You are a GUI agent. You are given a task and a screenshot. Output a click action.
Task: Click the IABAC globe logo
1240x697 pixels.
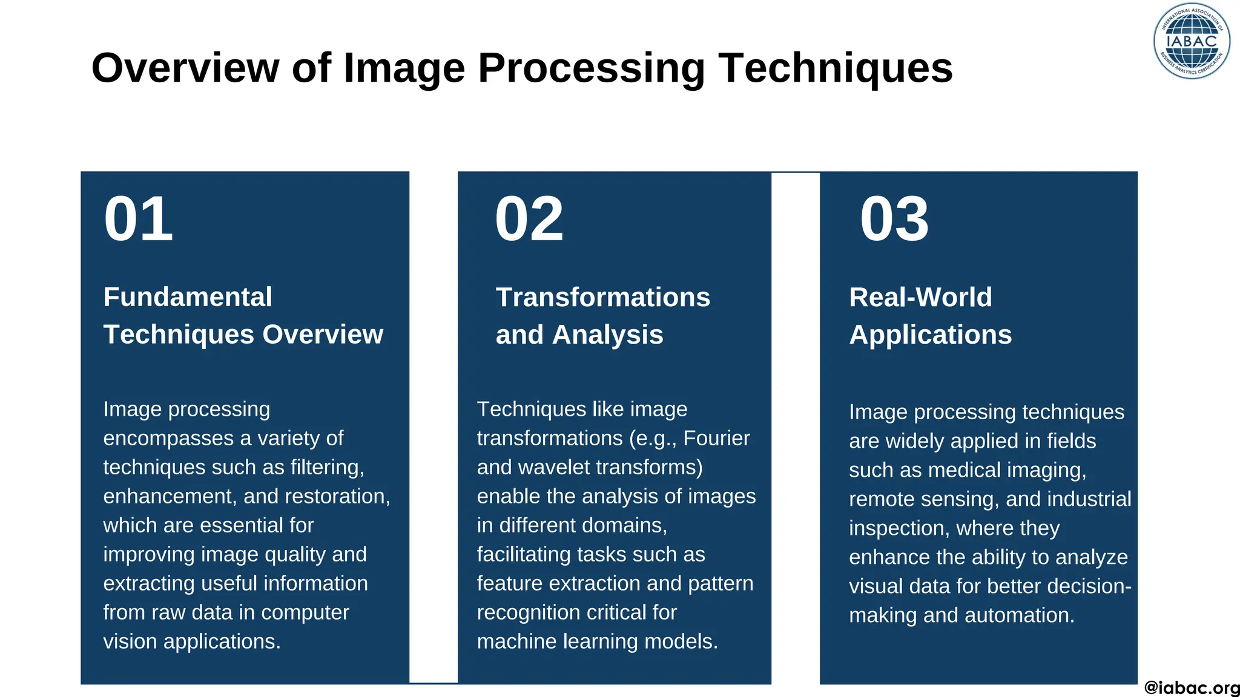(x=1192, y=41)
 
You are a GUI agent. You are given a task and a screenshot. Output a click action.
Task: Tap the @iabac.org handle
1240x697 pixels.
(x=1192, y=688)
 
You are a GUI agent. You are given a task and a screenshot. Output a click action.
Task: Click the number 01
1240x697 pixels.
(x=139, y=219)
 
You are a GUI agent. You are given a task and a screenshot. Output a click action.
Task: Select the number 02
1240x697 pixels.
(x=529, y=219)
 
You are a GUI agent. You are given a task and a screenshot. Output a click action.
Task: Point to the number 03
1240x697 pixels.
(x=894, y=219)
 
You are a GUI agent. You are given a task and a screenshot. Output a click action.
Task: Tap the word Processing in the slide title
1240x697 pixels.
(x=591, y=68)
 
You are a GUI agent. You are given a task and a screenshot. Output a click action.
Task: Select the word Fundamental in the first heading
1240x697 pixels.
(x=188, y=297)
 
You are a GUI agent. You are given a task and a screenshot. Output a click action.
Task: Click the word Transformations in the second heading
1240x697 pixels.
(x=602, y=297)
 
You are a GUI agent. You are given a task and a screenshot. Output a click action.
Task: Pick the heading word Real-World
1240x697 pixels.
(x=920, y=297)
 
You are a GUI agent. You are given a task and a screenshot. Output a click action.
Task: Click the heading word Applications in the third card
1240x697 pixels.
(x=930, y=335)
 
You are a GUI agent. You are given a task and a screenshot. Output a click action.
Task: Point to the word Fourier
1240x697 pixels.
(x=716, y=438)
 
